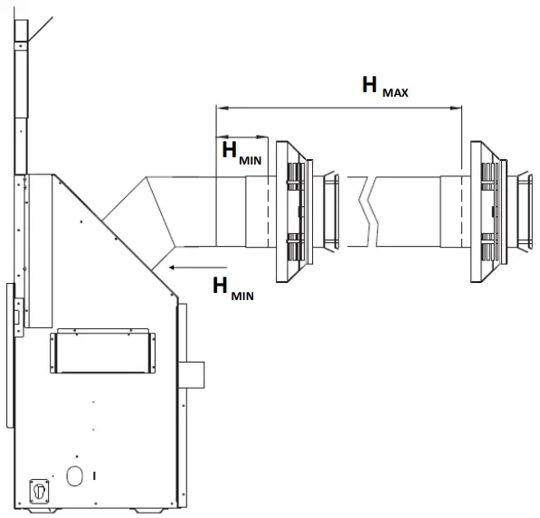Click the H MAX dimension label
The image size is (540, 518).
click(385, 87)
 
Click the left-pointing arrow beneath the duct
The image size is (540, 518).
click(198, 268)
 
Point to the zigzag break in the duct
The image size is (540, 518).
click(368, 212)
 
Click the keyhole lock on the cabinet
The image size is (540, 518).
click(39, 491)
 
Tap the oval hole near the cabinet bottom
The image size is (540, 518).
click(74, 476)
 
